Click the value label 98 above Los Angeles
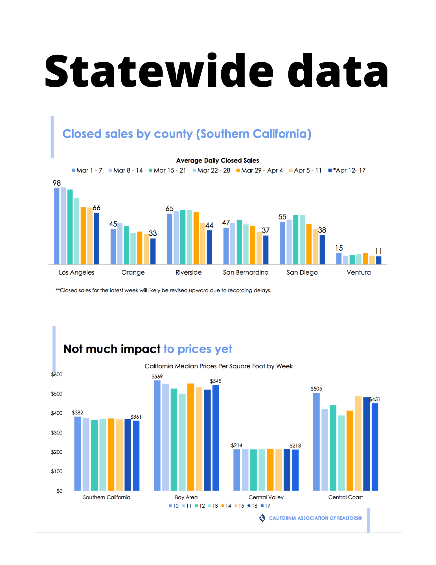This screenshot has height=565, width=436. tap(57, 183)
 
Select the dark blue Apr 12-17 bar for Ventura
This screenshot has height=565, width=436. tap(378, 260)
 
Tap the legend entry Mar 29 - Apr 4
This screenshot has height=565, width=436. tap(260, 170)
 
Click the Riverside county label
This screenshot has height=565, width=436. tap(189, 272)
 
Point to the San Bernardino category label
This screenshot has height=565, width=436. tap(246, 272)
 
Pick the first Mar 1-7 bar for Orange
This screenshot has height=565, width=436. tap(113, 247)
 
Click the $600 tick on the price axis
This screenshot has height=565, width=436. tap(57, 375)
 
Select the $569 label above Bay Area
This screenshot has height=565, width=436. tap(157, 377)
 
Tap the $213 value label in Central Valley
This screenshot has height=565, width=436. tap(295, 446)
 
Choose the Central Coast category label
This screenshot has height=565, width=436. tap(345, 497)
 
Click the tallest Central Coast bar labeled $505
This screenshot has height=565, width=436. tap(316, 441)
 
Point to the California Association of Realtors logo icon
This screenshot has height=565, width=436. tap(262, 518)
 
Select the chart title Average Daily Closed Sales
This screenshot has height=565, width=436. tap(218, 160)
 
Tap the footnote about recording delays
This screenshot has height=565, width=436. tap(163, 290)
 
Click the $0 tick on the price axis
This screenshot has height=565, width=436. tap(59, 491)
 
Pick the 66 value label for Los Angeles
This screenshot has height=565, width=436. tap(97, 208)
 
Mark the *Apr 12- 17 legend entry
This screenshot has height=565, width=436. tap(347, 170)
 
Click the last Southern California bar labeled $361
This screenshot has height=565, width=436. tap(136, 455)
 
